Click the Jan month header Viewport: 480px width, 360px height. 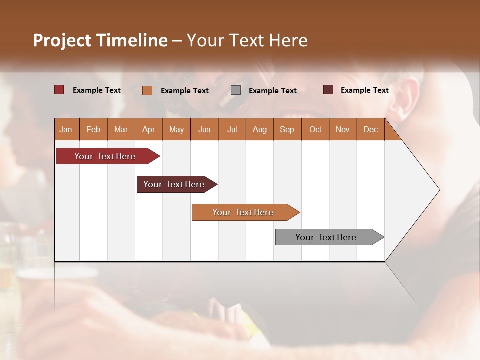click(x=66, y=129)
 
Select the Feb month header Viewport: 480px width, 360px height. click(x=93, y=129)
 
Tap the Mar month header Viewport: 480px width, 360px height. click(x=121, y=129)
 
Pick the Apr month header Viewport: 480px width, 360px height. click(x=149, y=129)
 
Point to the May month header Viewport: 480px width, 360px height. click(x=176, y=129)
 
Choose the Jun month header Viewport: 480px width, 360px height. click(x=204, y=129)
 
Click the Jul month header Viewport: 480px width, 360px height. click(x=232, y=129)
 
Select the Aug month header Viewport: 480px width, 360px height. click(x=260, y=129)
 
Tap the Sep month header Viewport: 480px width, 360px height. click(x=287, y=129)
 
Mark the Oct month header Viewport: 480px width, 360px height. click(x=315, y=129)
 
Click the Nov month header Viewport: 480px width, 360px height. click(x=343, y=129)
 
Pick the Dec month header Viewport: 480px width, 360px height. click(x=371, y=129)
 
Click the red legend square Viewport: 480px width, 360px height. click(x=59, y=90)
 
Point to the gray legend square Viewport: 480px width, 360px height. click(x=236, y=90)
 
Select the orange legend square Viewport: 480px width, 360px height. click(x=147, y=90)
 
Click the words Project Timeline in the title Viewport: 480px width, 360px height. click(x=100, y=40)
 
